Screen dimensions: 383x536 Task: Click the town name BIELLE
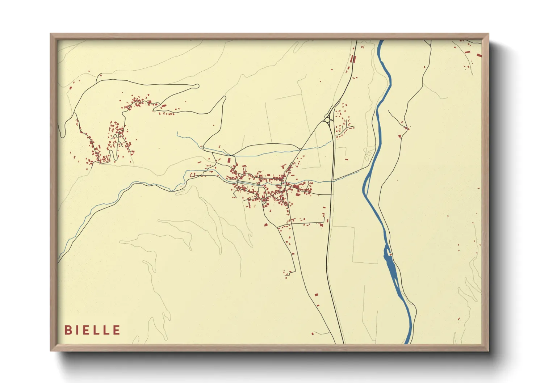click(92, 330)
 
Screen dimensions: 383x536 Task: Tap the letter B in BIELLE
click(67, 330)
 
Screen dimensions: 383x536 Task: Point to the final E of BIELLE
click(117, 330)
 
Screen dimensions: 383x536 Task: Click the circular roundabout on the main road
click(327, 120)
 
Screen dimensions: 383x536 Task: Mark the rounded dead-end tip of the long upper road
click(197, 86)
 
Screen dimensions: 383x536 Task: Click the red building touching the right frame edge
click(479, 55)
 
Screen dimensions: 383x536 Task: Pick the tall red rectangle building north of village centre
click(229, 160)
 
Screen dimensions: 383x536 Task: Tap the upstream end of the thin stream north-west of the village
click(177, 133)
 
